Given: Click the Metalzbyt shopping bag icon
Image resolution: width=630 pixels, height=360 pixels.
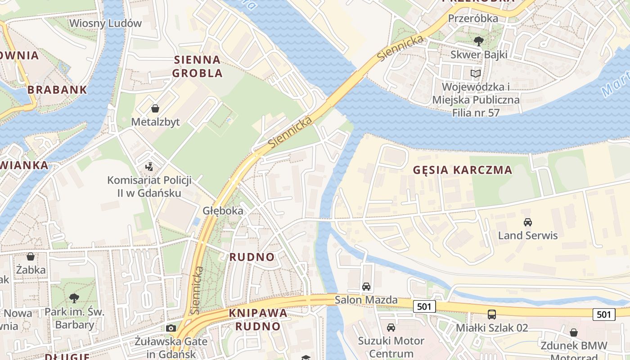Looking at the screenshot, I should (155, 108).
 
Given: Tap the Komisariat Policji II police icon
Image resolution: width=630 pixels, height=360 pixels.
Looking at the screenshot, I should (149, 167).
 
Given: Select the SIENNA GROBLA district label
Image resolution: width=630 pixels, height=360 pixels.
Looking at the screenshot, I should (197, 66).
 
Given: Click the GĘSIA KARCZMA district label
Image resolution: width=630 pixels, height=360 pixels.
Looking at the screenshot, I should (463, 170).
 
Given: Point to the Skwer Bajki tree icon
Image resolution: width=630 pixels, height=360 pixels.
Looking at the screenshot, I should (479, 41).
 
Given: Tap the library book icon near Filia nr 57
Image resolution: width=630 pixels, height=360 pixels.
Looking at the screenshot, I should (476, 73).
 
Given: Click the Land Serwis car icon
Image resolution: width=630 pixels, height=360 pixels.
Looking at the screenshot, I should (528, 222).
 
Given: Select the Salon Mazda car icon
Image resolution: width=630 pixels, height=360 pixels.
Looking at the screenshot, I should (366, 287).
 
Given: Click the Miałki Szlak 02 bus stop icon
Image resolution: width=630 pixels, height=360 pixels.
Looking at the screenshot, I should (492, 314).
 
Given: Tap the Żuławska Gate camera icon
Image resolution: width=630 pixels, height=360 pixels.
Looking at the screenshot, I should (171, 328).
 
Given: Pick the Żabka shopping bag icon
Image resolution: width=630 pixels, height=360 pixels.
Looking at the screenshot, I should (31, 256).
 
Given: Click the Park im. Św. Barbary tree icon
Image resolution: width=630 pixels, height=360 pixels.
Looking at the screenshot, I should (74, 298).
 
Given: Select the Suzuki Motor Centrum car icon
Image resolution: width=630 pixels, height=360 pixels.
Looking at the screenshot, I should (391, 327).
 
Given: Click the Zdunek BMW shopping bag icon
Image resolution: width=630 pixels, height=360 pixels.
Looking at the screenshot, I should (574, 333).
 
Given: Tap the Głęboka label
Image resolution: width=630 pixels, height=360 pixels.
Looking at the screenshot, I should (223, 211).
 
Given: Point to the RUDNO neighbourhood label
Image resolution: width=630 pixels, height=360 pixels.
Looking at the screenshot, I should (252, 257).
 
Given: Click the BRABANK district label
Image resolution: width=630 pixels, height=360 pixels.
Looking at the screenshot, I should (57, 90).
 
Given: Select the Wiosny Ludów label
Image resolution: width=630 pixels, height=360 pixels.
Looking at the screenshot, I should (105, 23).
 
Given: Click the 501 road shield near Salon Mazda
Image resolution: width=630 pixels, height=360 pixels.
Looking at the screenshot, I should (424, 307).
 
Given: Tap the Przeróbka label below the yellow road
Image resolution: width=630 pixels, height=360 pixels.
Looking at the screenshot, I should (473, 18).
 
